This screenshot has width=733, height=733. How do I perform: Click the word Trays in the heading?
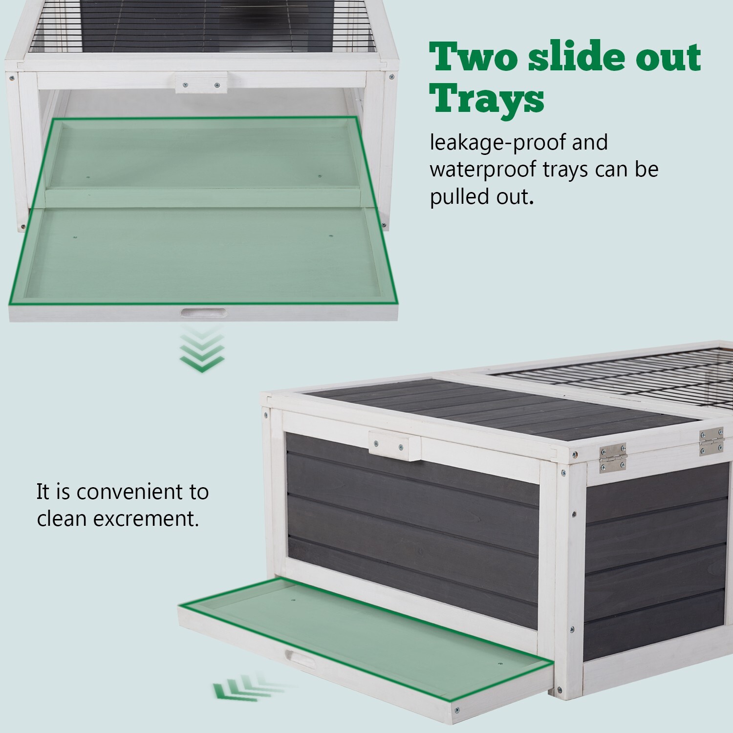(x=487, y=99)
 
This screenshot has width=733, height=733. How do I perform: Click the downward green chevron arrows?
(x=202, y=349)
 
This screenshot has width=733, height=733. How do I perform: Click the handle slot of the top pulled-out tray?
(x=204, y=313)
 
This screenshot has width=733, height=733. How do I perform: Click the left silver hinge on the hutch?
(x=613, y=457)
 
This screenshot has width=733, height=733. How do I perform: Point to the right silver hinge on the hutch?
(x=711, y=441)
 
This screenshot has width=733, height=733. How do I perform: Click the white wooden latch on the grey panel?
(x=394, y=446)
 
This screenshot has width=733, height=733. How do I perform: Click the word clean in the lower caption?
(x=62, y=519)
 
